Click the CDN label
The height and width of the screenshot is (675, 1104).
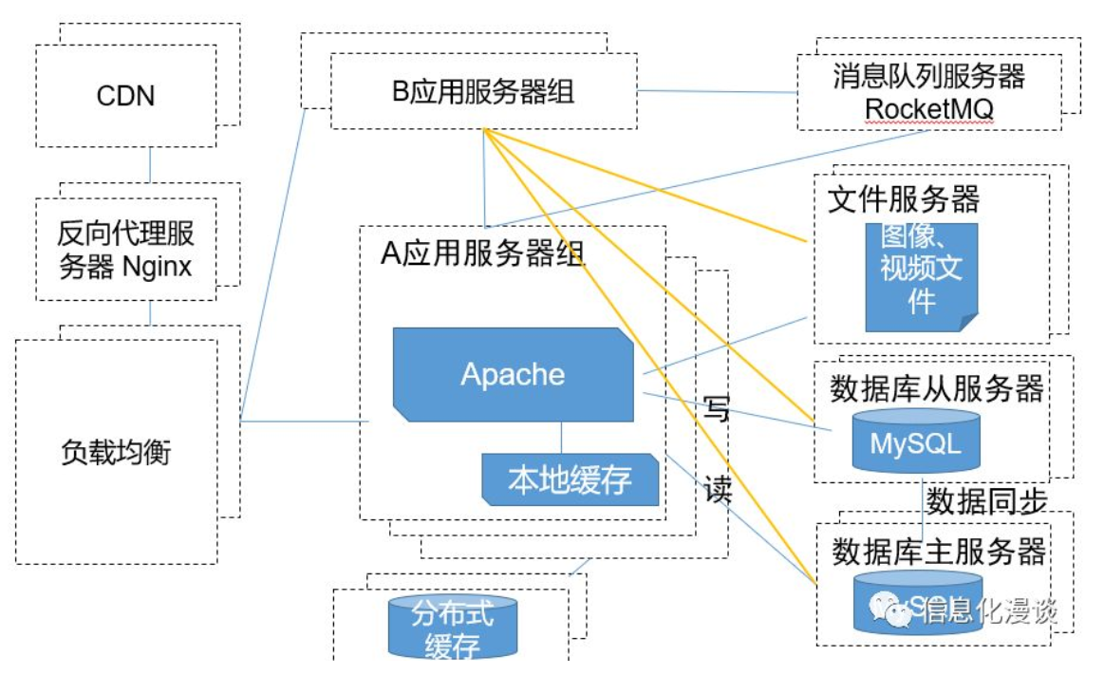coord(125,96)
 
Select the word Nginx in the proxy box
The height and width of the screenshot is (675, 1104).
coord(157,267)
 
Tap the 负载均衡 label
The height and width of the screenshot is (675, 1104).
coord(115,452)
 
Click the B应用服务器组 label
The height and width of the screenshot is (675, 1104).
coord(483,92)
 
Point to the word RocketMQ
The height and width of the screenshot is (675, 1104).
coord(929,108)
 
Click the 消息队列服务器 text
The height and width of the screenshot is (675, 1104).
coord(929,76)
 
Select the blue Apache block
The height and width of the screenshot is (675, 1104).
coord(514,374)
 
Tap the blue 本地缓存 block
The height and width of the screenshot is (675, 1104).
coord(570,479)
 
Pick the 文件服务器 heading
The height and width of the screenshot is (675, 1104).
coord(904,199)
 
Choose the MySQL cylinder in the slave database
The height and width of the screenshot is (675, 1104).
coord(915,442)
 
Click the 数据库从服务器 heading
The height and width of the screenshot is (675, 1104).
coord(937,388)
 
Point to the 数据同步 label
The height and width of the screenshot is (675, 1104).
coord(986,500)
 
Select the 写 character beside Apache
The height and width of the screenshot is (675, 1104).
coord(718,410)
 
